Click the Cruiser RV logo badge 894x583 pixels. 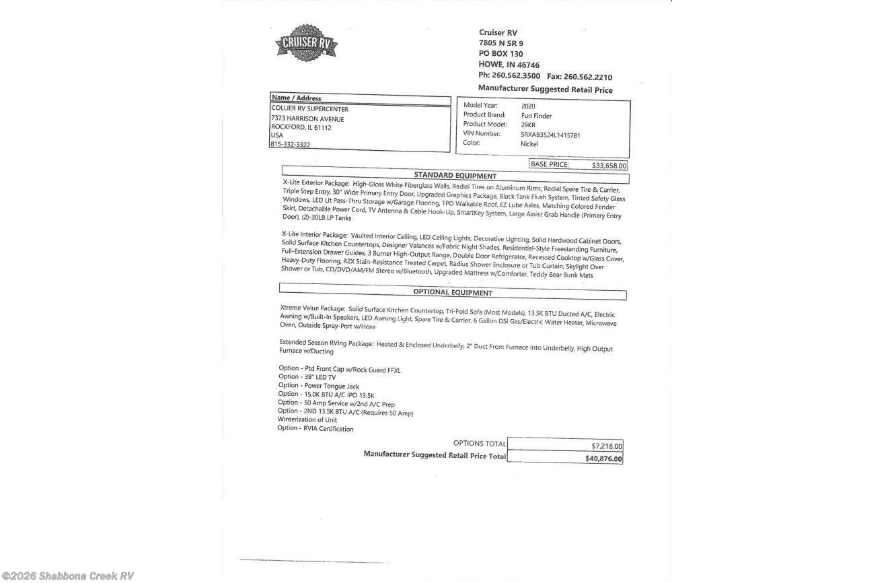tap(306, 43)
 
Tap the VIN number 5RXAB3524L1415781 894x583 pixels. tap(550, 135)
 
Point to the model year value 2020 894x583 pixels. tap(528, 106)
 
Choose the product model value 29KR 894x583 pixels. tap(528, 125)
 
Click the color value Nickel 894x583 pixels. tap(529, 144)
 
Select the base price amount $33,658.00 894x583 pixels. tap(609, 166)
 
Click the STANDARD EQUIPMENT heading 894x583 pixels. tap(455, 176)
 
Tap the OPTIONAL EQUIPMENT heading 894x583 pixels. tap(452, 293)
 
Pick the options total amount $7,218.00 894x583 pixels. tap(607, 446)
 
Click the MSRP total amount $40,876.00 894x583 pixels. tap(603, 459)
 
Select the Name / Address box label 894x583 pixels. tap(296, 98)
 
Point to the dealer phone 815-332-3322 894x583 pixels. tap(290, 145)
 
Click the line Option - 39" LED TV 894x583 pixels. tap(307, 378)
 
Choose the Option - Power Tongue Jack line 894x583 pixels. tap(318, 386)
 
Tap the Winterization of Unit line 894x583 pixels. tap(307, 419)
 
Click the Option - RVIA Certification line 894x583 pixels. tap(315, 428)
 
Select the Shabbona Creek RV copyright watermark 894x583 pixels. tap(67, 576)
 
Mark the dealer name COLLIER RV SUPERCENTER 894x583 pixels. tap(309, 109)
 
